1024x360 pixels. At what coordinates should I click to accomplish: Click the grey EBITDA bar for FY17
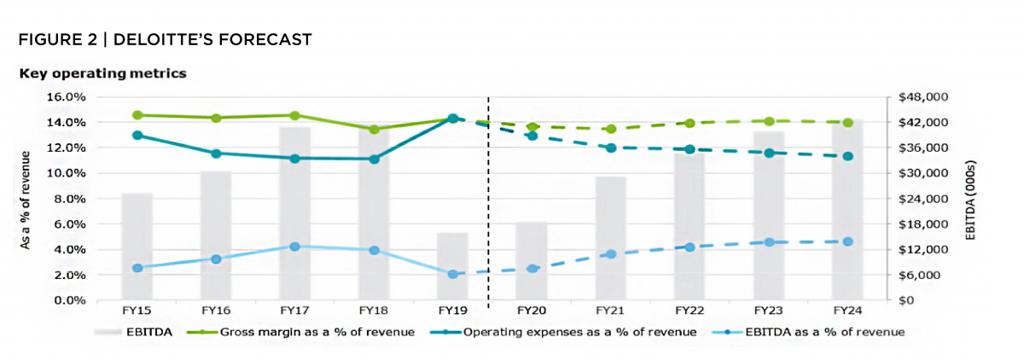pyautogui.click(x=294, y=213)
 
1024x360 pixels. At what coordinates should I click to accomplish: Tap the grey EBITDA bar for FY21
pyautogui.click(x=611, y=238)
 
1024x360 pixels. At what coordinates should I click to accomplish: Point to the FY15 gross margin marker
pyautogui.click(x=137, y=115)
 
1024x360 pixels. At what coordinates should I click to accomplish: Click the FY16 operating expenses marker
pyautogui.click(x=216, y=154)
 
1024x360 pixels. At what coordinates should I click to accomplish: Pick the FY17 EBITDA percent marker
pyautogui.click(x=295, y=247)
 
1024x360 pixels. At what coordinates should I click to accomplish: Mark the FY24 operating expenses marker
pyautogui.click(x=847, y=156)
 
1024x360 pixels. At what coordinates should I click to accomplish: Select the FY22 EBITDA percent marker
pyautogui.click(x=689, y=247)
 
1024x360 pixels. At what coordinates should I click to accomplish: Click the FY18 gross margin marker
pyautogui.click(x=374, y=130)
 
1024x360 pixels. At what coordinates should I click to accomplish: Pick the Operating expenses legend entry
pyautogui.click(x=579, y=331)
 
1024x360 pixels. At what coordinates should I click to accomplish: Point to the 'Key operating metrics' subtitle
pyautogui.click(x=102, y=74)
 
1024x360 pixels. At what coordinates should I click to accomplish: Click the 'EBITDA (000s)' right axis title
pyautogui.click(x=972, y=199)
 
